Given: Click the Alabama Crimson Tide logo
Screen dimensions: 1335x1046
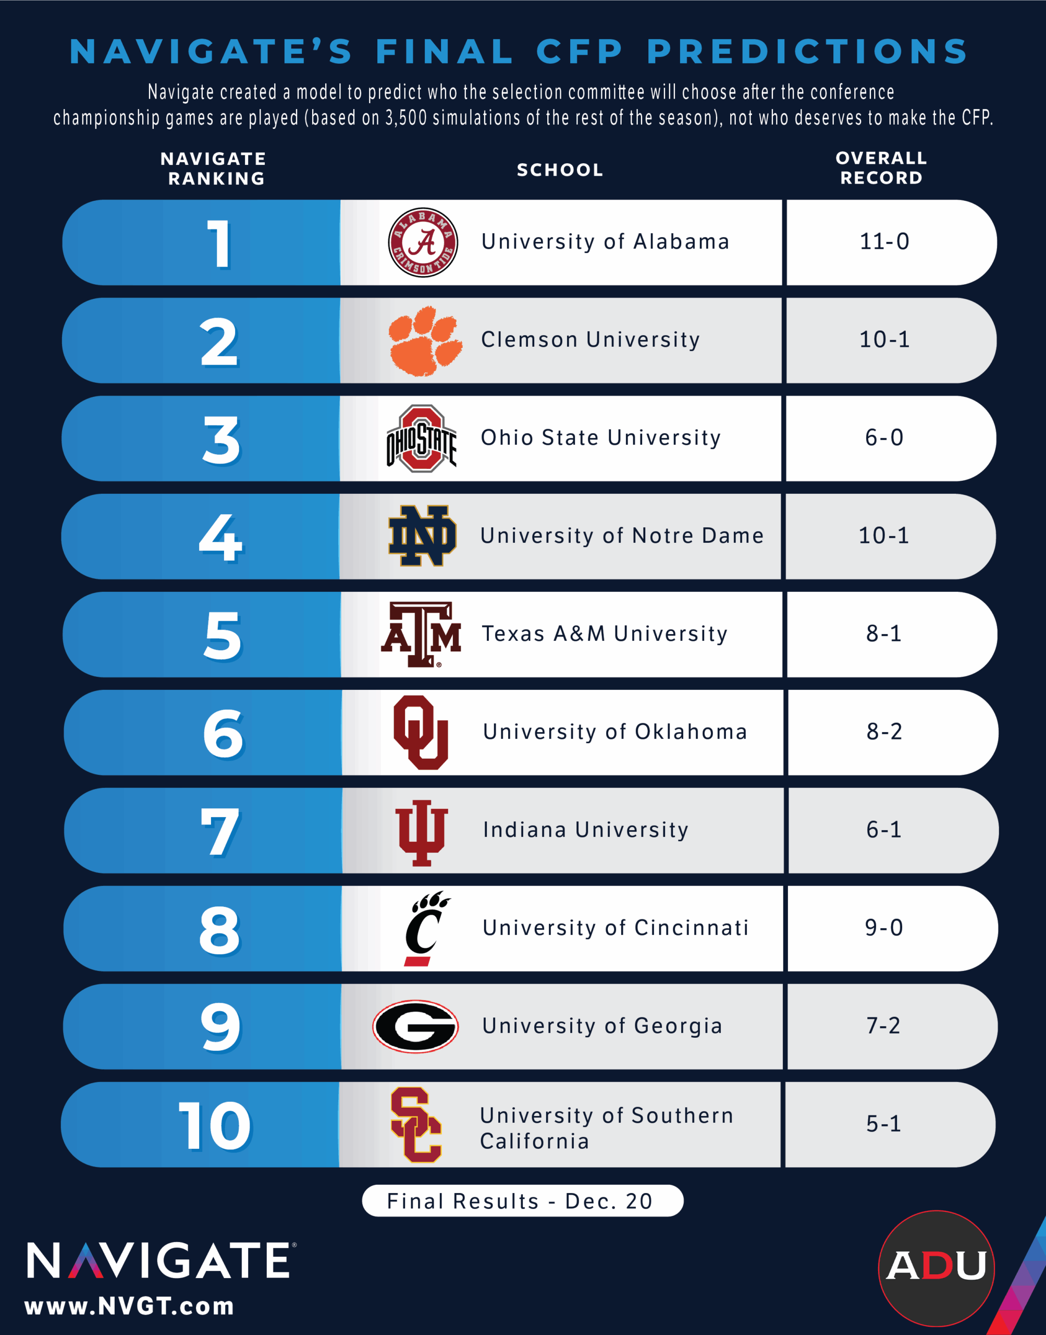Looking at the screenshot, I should point(423,242).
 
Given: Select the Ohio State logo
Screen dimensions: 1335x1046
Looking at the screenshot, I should point(421,439).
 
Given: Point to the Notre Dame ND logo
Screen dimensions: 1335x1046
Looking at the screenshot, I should point(422,536).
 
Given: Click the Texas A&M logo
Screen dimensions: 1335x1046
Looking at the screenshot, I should point(421,634).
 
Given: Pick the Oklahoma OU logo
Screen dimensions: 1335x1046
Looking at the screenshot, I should point(421,732).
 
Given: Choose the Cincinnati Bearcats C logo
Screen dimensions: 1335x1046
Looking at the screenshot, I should point(425,929).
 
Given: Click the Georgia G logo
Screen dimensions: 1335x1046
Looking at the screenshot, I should point(416,1027).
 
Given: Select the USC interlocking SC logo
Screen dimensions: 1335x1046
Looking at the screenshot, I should point(416,1125).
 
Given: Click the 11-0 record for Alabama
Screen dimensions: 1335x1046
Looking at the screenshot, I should point(884,242).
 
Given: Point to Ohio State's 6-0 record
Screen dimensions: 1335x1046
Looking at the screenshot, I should point(884,438).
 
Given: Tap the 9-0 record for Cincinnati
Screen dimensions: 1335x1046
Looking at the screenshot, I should point(884,928).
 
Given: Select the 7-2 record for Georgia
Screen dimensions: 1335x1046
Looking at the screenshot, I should point(883,1026).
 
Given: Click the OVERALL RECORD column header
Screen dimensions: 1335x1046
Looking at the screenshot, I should point(881,168).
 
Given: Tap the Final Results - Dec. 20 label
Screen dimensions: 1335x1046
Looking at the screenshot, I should point(522,1201).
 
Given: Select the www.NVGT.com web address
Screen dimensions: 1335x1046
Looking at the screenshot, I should point(129,1307).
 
